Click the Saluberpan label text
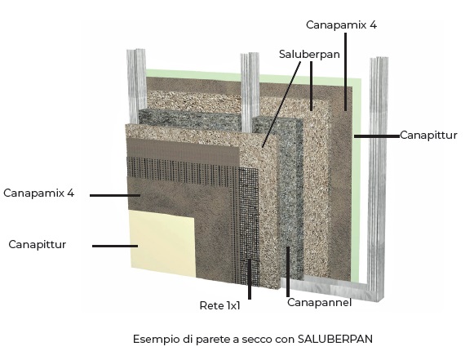[309, 55]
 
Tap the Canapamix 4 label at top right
[341, 24]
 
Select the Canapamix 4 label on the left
[38, 193]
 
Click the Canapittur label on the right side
[428, 136]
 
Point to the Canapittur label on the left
[38, 244]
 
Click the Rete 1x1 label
[219, 305]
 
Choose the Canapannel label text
[319, 302]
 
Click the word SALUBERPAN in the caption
[335, 339]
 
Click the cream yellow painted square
[163, 243]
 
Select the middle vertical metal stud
[250, 92]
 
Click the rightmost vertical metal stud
[377, 179]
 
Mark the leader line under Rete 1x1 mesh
[250, 279]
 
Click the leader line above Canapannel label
[288, 272]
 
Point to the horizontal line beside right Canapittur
[377, 136]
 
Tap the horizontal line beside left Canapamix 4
[115, 195]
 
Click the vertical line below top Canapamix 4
[345, 71]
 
